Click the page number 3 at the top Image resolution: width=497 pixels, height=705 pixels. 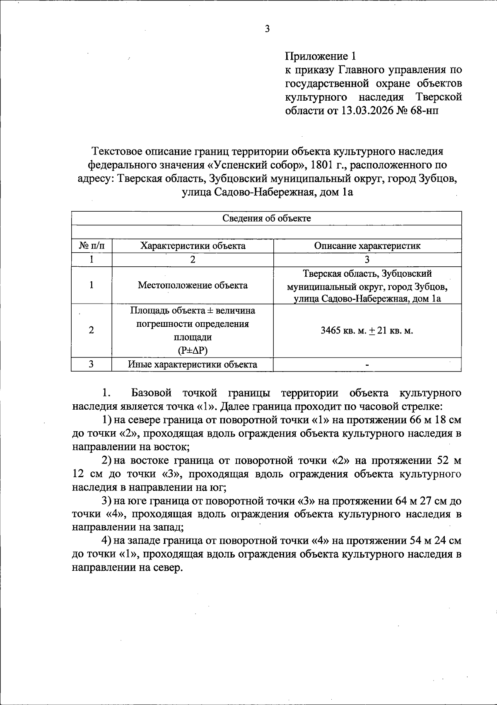(267, 29)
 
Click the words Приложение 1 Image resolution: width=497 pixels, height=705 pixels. (320, 56)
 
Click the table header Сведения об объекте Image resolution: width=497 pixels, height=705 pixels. (266, 218)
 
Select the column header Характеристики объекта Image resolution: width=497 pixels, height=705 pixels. (193, 246)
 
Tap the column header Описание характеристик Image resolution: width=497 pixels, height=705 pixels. (367, 246)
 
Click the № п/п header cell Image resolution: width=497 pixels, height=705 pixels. (92, 246)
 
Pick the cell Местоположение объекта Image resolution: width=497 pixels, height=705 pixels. (193, 285)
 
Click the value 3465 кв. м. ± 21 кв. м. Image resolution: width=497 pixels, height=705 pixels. (367, 331)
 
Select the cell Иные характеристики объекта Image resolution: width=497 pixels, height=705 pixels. (193, 365)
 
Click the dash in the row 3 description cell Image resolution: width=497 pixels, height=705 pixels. (367, 365)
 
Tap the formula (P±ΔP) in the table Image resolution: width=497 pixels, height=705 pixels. (193, 350)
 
